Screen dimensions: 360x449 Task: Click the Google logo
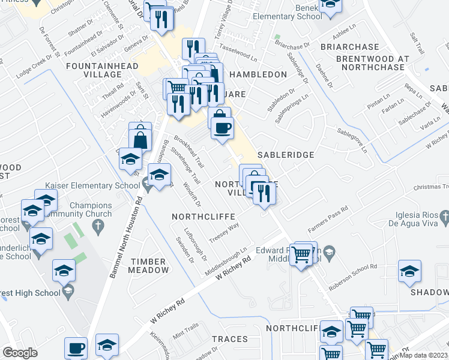click(20, 352)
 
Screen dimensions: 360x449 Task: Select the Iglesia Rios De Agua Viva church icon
click(444, 214)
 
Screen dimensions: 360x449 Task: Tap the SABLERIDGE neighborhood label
click(286, 155)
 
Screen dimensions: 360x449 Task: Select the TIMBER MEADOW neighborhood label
click(149, 265)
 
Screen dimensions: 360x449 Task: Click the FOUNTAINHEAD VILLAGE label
click(103, 70)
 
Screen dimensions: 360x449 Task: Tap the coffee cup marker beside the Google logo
click(76, 347)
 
